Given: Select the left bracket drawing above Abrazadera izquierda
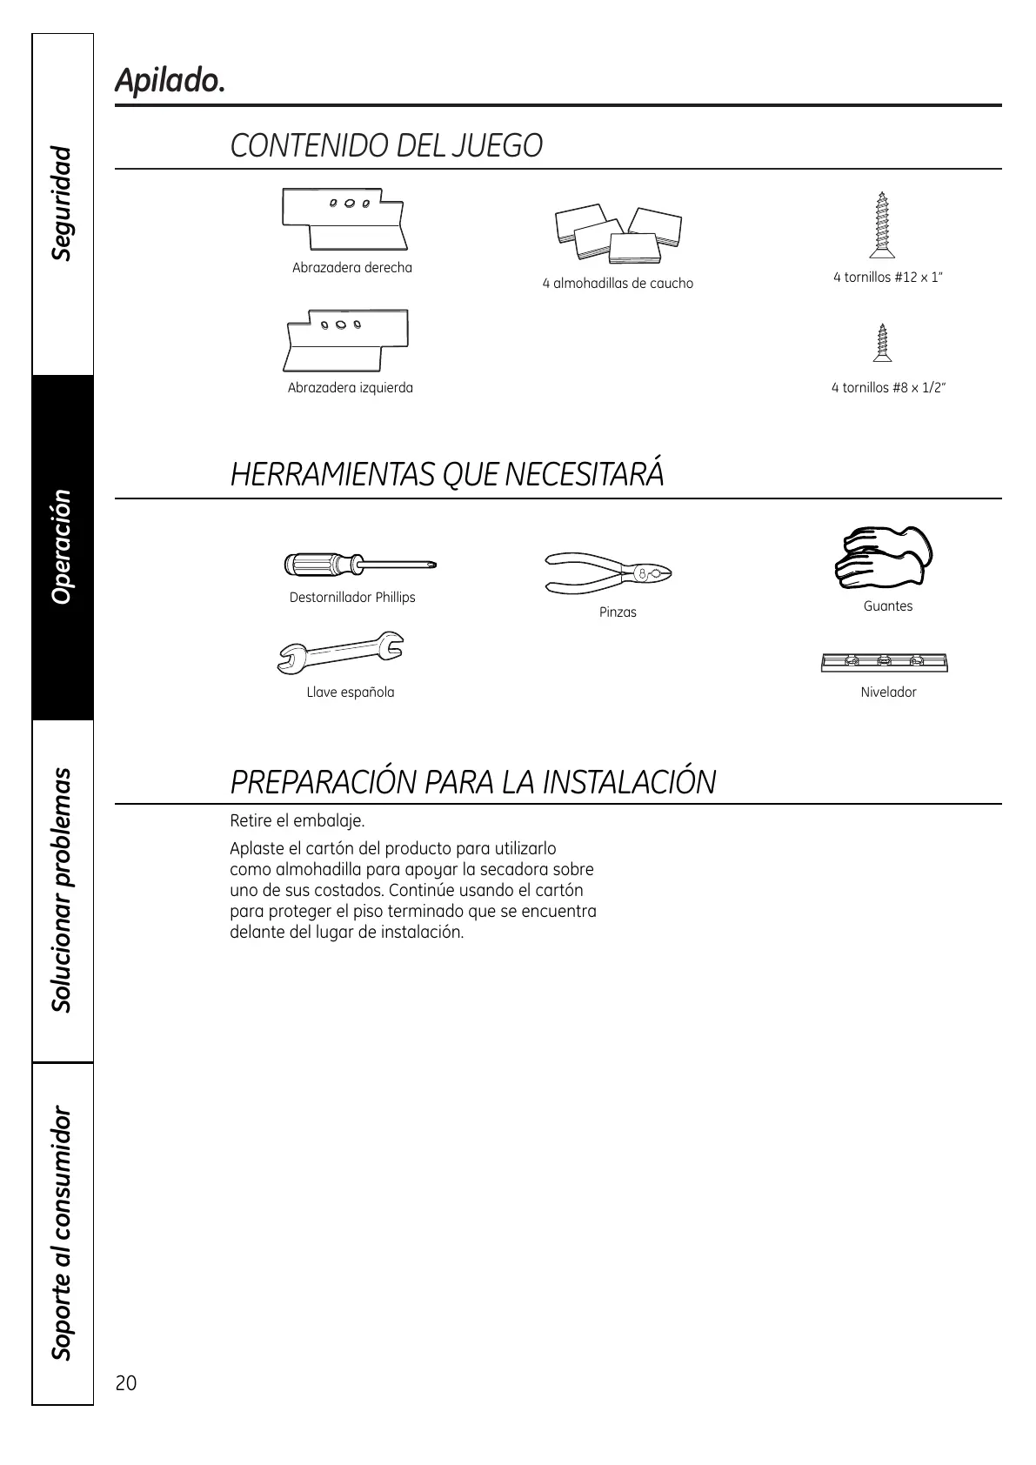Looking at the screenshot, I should pyautogui.click(x=347, y=339).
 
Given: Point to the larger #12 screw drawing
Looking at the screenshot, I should pyautogui.click(x=882, y=225).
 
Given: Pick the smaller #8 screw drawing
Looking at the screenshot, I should pyautogui.click(x=884, y=344).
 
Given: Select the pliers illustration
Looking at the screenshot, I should pyautogui.click(x=608, y=572).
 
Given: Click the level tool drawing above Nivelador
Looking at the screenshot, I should pyautogui.click(x=884, y=662).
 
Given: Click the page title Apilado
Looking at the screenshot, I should pyautogui.click(x=170, y=81).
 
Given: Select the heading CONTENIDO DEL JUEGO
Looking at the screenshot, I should pyautogui.click(x=386, y=145).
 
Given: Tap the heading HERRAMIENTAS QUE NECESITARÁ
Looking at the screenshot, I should pyautogui.click(x=447, y=475).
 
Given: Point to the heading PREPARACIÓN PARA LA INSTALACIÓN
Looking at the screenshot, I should pyautogui.click(x=472, y=782).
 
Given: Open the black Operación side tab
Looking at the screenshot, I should pyautogui.click(x=62, y=547).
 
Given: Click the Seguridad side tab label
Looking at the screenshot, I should pyautogui.click(x=62, y=204).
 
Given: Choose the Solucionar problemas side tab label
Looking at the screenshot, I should pyautogui.click(x=62, y=890).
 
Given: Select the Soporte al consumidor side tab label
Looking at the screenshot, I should pyautogui.click(x=62, y=1233).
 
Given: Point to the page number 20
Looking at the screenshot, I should pyautogui.click(x=126, y=1383).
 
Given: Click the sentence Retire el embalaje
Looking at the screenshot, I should pyautogui.click(x=297, y=820).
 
